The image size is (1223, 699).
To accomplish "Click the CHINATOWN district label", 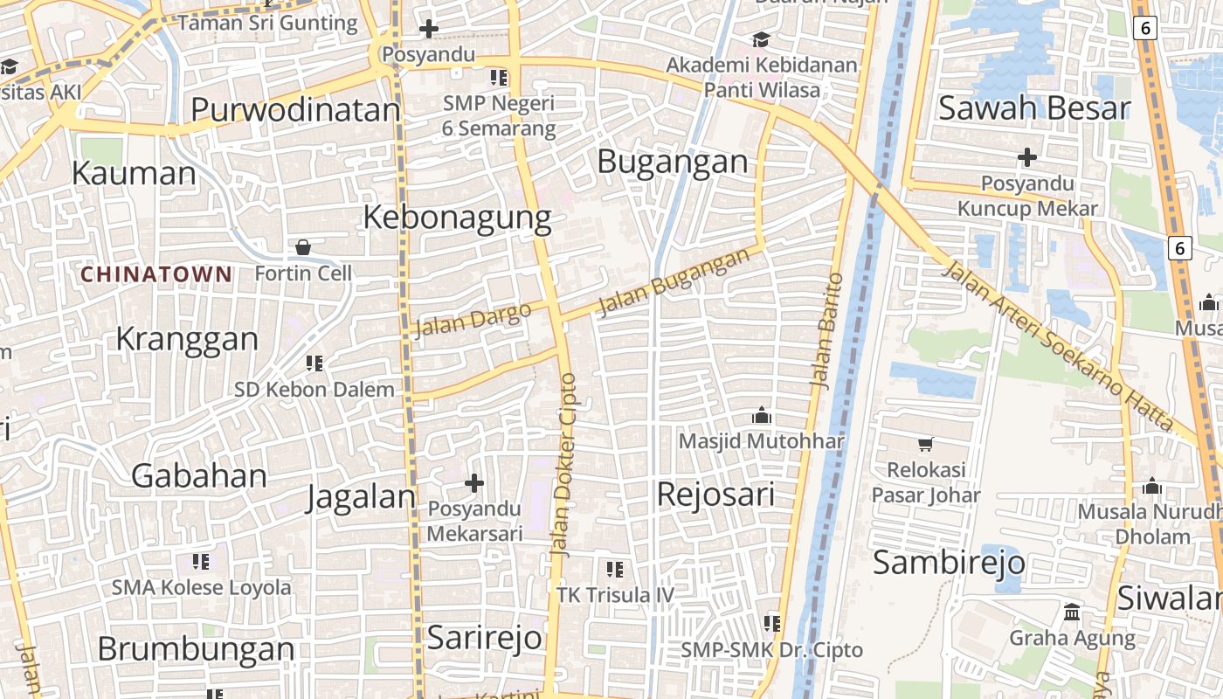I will (x=156, y=274).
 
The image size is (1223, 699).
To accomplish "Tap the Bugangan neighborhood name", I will (x=673, y=162).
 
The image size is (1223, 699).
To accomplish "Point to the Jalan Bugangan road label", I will (x=674, y=281).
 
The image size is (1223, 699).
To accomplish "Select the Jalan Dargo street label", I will (x=473, y=320).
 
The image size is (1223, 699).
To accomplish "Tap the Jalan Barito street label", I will (x=826, y=330).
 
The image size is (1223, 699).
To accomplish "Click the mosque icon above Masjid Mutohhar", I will (x=762, y=414).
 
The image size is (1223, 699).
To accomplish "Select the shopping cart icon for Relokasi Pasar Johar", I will (x=926, y=445).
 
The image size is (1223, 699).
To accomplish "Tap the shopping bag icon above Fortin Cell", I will (x=303, y=247).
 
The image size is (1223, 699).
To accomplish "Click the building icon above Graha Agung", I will (x=1072, y=611).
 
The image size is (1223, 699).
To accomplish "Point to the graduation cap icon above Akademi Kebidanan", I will (x=762, y=39).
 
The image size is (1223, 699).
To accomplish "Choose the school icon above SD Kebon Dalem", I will (x=314, y=363).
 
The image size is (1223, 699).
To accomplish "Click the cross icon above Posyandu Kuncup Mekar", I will (x=1027, y=157).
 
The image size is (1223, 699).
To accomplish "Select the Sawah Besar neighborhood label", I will (x=1034, y=109).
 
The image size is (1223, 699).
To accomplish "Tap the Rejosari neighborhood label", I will (x=715, y=495).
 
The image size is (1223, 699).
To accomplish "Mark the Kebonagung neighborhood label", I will (x=457, y=218).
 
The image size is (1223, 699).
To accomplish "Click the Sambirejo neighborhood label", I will (x=949, y=563).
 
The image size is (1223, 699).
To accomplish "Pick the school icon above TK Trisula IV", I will (x=615, y=570).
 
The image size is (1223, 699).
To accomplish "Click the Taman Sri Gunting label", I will (x=268, y=23).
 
